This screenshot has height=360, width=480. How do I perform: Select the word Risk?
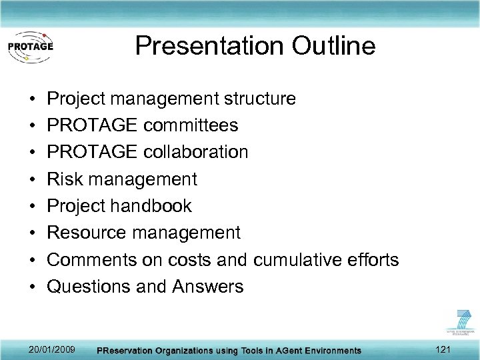(65, 179)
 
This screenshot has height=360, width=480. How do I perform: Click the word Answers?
(208, 287)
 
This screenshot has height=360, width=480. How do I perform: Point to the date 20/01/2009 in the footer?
(53, 349)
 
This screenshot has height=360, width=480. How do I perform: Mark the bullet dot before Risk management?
(33, 179)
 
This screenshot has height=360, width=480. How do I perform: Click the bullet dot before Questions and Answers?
(33, 287)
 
